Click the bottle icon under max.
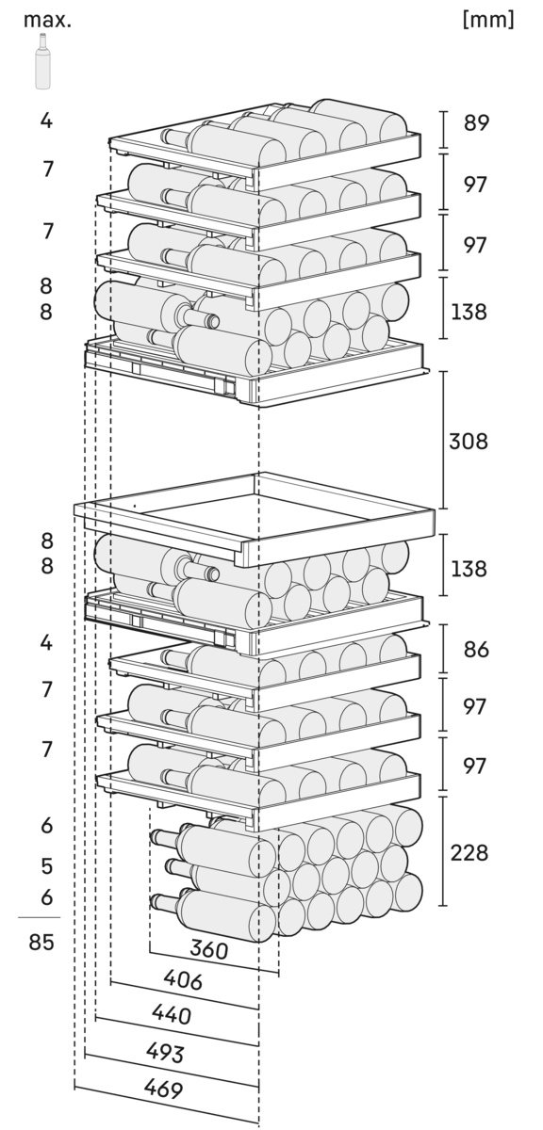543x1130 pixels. point(42,61)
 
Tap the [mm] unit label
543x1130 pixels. point(488,20)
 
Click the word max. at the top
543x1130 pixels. point(47,20)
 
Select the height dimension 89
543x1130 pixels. point(476,123)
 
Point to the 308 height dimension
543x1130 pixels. point(469,442)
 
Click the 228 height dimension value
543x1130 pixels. point(469,853)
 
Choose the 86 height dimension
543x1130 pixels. point(476,649)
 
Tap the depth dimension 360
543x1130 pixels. point(209,950)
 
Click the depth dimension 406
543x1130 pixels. point(183,980)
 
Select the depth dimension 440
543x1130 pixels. point(172,1014)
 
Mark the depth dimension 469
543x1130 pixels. point(163,1090)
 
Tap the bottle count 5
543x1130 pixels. point(46,866)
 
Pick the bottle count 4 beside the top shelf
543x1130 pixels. point(46,121)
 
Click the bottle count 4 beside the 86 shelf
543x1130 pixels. point(46,643)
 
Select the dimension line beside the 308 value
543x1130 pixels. point(444,440)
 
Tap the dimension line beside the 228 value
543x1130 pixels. point(443,851)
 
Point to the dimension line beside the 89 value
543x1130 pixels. point(443,131)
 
